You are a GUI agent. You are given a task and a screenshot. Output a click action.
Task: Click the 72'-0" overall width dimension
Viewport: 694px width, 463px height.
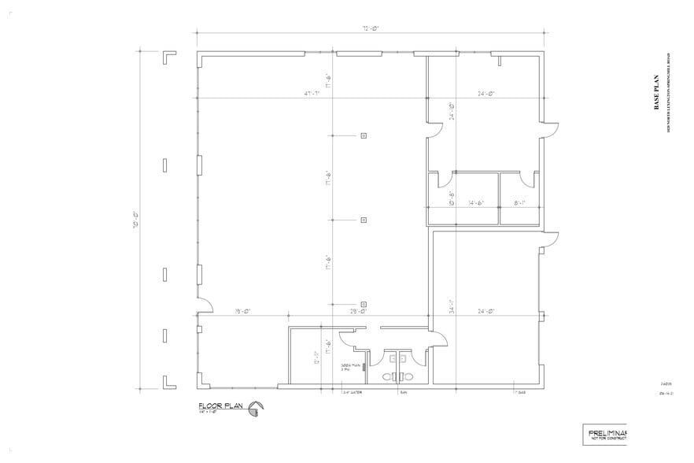pos(371,28)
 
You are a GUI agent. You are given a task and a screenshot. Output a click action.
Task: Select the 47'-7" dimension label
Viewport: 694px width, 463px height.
pos(316,94)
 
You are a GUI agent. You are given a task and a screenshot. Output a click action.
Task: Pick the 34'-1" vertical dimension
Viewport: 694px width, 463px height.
pos(452,307)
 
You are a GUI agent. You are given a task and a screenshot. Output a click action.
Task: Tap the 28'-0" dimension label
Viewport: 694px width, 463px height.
pos(359,311)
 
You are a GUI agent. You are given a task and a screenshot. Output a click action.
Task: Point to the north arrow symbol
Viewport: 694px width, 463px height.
pos(256,408)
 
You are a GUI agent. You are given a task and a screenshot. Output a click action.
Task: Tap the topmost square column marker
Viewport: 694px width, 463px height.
pos(364,135)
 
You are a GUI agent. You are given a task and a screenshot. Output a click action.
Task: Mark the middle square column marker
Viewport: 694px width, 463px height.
pos(364,220)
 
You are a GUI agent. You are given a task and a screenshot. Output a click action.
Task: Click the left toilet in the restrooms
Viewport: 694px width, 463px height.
pos(389,376)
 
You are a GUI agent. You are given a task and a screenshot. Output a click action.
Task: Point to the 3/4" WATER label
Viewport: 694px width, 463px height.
pos(350,391)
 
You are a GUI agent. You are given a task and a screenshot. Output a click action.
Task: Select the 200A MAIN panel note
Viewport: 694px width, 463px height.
pos(350,367)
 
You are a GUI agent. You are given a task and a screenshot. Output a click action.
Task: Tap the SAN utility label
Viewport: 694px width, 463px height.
pos(404,391)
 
